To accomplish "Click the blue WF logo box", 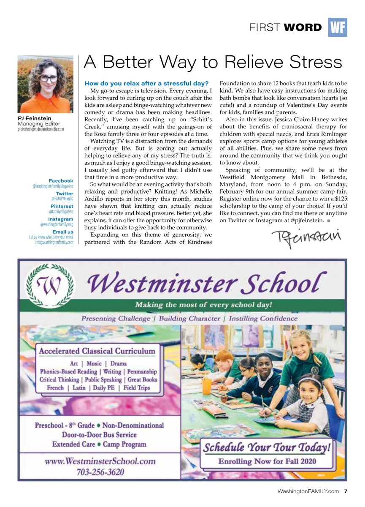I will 337,27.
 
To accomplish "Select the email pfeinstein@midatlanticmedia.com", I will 41,129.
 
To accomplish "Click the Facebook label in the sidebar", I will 61,181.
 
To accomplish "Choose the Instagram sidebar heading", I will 60,219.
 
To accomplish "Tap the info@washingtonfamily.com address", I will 54,243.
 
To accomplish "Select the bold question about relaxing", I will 146,83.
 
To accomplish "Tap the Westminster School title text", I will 207,283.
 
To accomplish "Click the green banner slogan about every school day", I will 203,305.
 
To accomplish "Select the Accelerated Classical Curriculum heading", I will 97,351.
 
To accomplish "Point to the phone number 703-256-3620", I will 100,472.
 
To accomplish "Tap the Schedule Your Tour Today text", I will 267,447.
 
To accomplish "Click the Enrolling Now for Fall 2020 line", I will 267,461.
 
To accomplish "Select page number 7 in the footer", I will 346,491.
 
